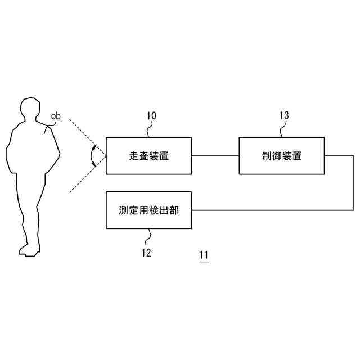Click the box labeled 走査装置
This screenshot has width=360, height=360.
click(x=148, y=156)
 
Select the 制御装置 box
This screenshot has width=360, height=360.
click(x=282, y=156)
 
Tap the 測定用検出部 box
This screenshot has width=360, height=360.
click(x=148, y=210)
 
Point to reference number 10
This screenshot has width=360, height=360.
click(x=151, y=116)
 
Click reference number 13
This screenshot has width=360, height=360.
click(x=284, y=116)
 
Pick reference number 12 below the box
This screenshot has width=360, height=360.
click(x=146, y=253)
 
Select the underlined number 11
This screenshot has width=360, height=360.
click(x=204, y=256)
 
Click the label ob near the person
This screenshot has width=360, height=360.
click(x=56, y=116)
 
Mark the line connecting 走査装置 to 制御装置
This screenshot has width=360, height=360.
click(x=215, y=156)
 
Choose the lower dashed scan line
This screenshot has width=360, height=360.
click(x=84, y=177)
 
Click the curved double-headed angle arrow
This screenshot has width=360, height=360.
click(x=93, y=156)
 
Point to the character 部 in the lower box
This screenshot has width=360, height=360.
click(x=174, y=210)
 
